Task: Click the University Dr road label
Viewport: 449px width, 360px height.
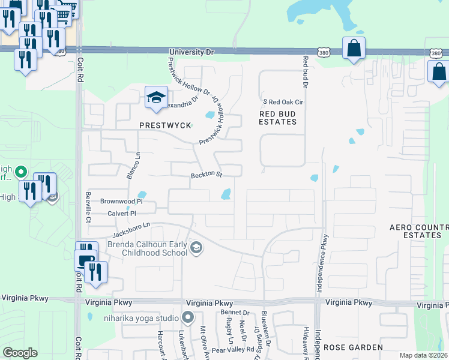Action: tap(192, 53)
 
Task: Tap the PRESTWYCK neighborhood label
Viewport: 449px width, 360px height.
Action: tap(165, 125)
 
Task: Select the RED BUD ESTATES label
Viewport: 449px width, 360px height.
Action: tap(278, 117)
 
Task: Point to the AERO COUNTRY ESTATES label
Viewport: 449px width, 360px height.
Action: tap(419, 231)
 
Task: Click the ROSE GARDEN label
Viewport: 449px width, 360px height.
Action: tap(353, 347)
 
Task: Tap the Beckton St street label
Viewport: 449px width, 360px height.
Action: tap(206, 175)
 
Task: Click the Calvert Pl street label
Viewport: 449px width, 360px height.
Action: tap(122, 213)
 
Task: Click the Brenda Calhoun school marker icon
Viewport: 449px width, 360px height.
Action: tap(196, 248)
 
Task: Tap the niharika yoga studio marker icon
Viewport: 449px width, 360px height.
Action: tap(188, 317)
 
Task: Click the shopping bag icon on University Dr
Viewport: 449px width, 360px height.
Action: tap(354, 47)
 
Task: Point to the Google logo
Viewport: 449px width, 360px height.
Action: tap(20, 353)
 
